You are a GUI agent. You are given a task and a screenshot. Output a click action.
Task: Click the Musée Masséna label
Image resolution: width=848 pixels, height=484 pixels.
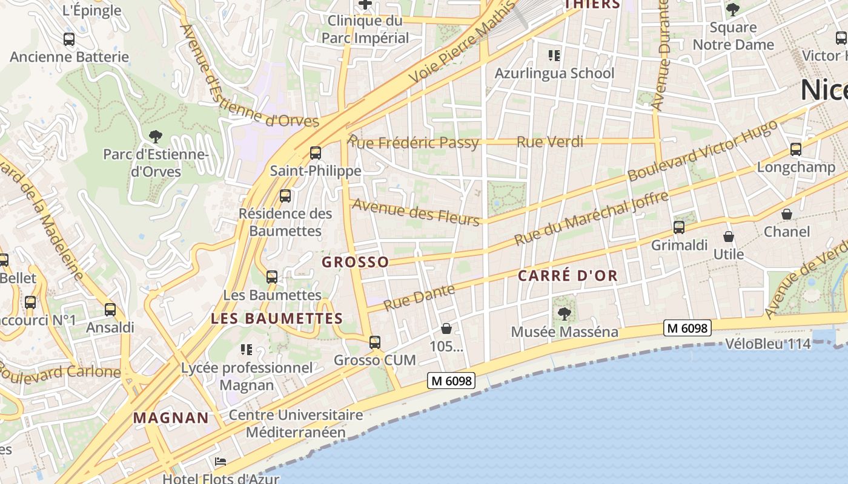pos(565,332)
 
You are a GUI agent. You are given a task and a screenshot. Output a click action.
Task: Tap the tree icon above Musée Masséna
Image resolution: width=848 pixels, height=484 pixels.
pos(565,313)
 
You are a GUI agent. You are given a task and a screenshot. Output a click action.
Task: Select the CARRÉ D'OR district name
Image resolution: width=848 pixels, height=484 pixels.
pos(568,276)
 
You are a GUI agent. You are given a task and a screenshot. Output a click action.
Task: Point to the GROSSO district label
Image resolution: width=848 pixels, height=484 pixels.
pos(356,262)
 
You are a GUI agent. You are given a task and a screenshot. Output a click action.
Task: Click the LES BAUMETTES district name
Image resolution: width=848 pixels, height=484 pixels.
pos(277,318)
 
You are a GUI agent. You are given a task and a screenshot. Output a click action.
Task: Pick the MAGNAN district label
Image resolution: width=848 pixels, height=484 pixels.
pos(171,417)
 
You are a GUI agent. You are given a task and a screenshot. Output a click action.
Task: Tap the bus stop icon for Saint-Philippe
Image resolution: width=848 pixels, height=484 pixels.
pos(315,153)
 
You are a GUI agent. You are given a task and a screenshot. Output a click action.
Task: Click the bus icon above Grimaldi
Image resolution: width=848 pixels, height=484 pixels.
pos(679,227)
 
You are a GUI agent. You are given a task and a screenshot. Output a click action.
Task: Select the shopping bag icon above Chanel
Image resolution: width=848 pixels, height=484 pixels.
pos(787,214)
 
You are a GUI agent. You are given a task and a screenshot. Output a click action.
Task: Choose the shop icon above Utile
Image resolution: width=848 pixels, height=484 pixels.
pos(728,237)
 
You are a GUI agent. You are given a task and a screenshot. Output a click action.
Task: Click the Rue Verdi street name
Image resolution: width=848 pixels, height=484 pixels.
pos(550,142)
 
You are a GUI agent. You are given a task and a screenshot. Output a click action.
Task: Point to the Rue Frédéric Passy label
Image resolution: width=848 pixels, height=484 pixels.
pos(413,143)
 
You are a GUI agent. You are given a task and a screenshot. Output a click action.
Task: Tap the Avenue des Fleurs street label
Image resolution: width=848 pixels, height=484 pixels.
pos(416,212)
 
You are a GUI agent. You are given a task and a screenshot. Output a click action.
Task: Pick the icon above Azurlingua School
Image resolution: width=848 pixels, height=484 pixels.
pos(554,56)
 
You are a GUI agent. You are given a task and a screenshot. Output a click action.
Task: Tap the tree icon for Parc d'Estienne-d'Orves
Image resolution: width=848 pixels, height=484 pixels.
pos(156,136)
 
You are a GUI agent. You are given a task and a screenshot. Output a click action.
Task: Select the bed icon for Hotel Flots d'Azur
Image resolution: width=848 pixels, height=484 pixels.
pos(220,462)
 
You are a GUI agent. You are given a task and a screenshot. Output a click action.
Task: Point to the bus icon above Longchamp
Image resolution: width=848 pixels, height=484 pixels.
pos(796,149)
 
